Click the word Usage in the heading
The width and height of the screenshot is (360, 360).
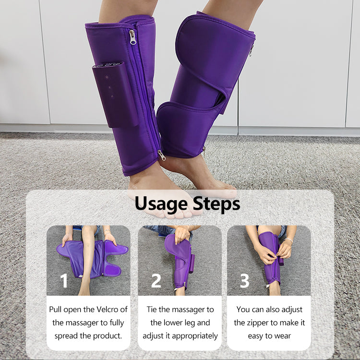tap(161, 204)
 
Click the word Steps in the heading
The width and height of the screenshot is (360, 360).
tap(216, 204)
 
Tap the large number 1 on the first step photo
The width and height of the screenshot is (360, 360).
tap(64, 280)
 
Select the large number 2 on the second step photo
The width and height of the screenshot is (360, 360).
tap(156, 280)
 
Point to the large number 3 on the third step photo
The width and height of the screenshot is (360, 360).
tap(244, 280)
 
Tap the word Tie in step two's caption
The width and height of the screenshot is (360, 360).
tap(152, 309)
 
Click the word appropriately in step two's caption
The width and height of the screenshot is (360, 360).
tap(195, 336)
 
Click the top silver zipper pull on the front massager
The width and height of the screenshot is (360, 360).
tap(132, 37)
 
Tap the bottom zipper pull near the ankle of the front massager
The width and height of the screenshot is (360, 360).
tap(162, 155)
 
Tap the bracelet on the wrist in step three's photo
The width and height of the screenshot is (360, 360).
tap(288, 240)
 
